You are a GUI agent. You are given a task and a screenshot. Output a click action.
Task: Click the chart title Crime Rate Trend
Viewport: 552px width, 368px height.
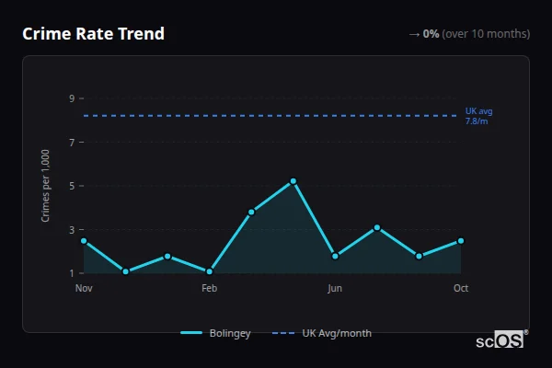[x=94, y=34]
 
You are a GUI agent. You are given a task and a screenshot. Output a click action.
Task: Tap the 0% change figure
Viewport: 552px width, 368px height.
[x=431, y=34]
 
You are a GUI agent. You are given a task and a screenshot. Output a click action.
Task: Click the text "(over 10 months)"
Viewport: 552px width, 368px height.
[x=486, y=34]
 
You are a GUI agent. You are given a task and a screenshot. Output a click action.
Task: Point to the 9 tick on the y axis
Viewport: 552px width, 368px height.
[x=71, y=98]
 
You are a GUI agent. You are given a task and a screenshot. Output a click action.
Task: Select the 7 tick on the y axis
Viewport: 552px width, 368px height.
[x=71, y=142]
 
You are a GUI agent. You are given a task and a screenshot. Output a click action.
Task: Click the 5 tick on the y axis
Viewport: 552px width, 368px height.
[x=71, y=186]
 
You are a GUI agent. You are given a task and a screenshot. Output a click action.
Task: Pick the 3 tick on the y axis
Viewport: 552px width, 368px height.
[x=71, y=229]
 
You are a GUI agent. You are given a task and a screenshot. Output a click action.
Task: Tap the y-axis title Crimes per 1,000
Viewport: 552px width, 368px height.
[x=46, y=186]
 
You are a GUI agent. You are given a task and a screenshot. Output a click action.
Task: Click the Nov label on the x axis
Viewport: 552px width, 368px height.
[x=84, y=288]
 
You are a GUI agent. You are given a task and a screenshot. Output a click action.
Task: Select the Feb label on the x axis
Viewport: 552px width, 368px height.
[x=209, y=288]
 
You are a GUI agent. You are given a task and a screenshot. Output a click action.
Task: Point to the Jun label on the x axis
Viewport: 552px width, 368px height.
[x=335, y=288]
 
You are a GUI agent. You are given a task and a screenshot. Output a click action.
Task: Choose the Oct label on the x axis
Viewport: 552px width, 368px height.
[x=461, y=288]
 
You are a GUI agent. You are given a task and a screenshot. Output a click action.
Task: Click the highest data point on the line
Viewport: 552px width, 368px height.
[x=293, y=181]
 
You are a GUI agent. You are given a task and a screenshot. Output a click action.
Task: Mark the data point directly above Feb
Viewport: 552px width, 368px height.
[x=210, y=271]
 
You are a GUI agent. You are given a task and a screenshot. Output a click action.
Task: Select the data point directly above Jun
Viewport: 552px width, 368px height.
[x=335, y=256]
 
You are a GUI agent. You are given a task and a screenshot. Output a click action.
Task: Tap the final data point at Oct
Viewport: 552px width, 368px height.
[x=461, y=241]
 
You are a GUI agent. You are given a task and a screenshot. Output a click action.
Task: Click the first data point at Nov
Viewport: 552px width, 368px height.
[x=84, y=241]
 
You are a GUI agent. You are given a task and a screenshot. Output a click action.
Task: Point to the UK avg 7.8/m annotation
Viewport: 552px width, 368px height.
[x=477, y=116]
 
